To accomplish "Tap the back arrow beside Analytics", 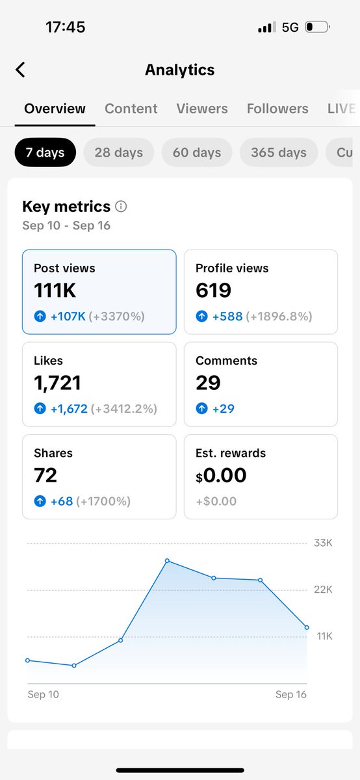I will [21, 70].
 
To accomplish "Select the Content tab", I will [131, 109].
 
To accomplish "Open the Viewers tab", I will [202, 109].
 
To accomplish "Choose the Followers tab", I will [277, 109].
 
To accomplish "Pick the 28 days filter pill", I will [118, 153].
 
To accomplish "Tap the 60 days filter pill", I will [197, 153].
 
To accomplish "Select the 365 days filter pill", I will [279, 153].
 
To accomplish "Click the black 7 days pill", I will [45, 153].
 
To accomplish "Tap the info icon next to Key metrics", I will [121, 207].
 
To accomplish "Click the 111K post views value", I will [55, 291].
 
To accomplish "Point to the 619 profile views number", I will [213, 291].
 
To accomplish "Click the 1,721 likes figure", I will [58, 383].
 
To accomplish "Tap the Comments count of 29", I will [208, 383].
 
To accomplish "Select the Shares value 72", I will [45, 475].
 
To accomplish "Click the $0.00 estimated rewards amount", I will [221, 475].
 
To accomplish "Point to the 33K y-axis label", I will [323, 543].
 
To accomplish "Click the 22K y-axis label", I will [323, 590].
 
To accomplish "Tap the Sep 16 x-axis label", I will [290, 694].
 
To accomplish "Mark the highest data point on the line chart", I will [167, 560].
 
